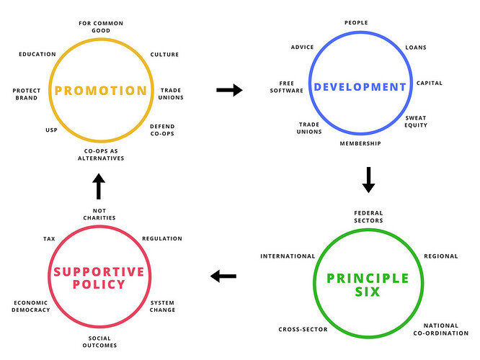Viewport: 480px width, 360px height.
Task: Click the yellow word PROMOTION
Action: point(100,91)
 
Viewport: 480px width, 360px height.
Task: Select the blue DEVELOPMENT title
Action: point(359,87)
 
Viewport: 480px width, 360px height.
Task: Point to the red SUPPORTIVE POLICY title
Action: point(99,277)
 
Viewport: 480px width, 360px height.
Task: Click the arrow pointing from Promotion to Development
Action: point(230,90)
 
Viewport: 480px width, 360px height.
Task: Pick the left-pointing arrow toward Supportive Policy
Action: point(223,275)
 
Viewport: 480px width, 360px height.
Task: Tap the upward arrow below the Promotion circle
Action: point(99,186)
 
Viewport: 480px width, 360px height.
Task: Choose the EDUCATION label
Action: point(38,54)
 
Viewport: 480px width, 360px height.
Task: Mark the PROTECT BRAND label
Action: point(27,94)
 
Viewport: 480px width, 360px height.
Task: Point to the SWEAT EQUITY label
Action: point(416,121)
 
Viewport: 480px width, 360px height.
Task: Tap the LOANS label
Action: point(415,48)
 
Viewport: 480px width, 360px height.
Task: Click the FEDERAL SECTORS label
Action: point(368,217)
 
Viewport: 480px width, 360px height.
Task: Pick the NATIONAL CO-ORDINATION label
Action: point(440,329)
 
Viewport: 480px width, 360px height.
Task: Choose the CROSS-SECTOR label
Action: point(303,329)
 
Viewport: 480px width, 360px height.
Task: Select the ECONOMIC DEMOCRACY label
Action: point(32,306)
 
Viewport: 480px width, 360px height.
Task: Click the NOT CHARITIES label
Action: point(99,213)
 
